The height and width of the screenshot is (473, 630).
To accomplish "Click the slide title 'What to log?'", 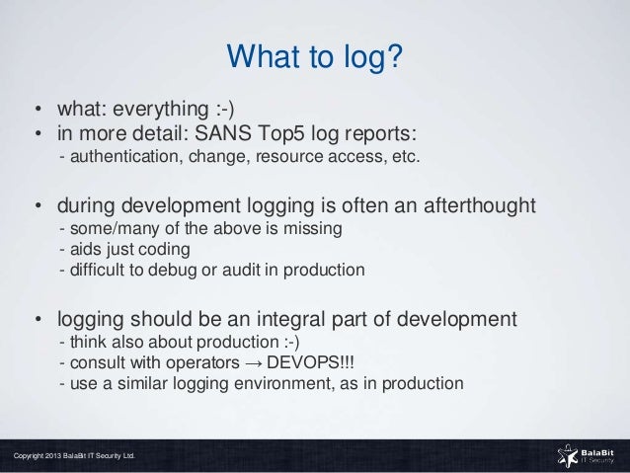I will pos(314,57).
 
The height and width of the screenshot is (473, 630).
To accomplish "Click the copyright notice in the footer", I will pos(74,456).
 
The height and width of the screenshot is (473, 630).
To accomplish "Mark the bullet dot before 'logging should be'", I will pos(39,320).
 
